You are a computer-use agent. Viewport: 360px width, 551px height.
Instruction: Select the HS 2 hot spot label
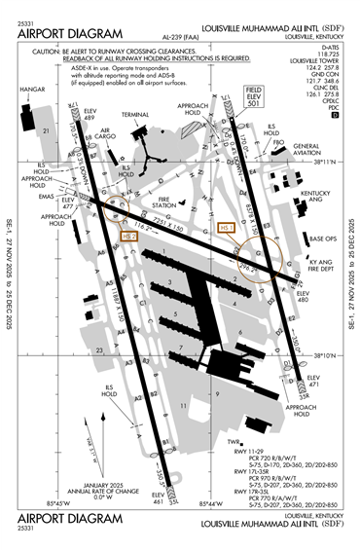[129, 235]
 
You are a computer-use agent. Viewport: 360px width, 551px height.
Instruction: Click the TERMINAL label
[135, 115]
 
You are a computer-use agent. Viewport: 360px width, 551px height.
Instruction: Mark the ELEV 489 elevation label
[90, 115]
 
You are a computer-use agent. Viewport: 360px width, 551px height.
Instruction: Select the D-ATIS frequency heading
[333, 47]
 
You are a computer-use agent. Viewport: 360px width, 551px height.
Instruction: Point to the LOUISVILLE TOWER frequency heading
[322, 60]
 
